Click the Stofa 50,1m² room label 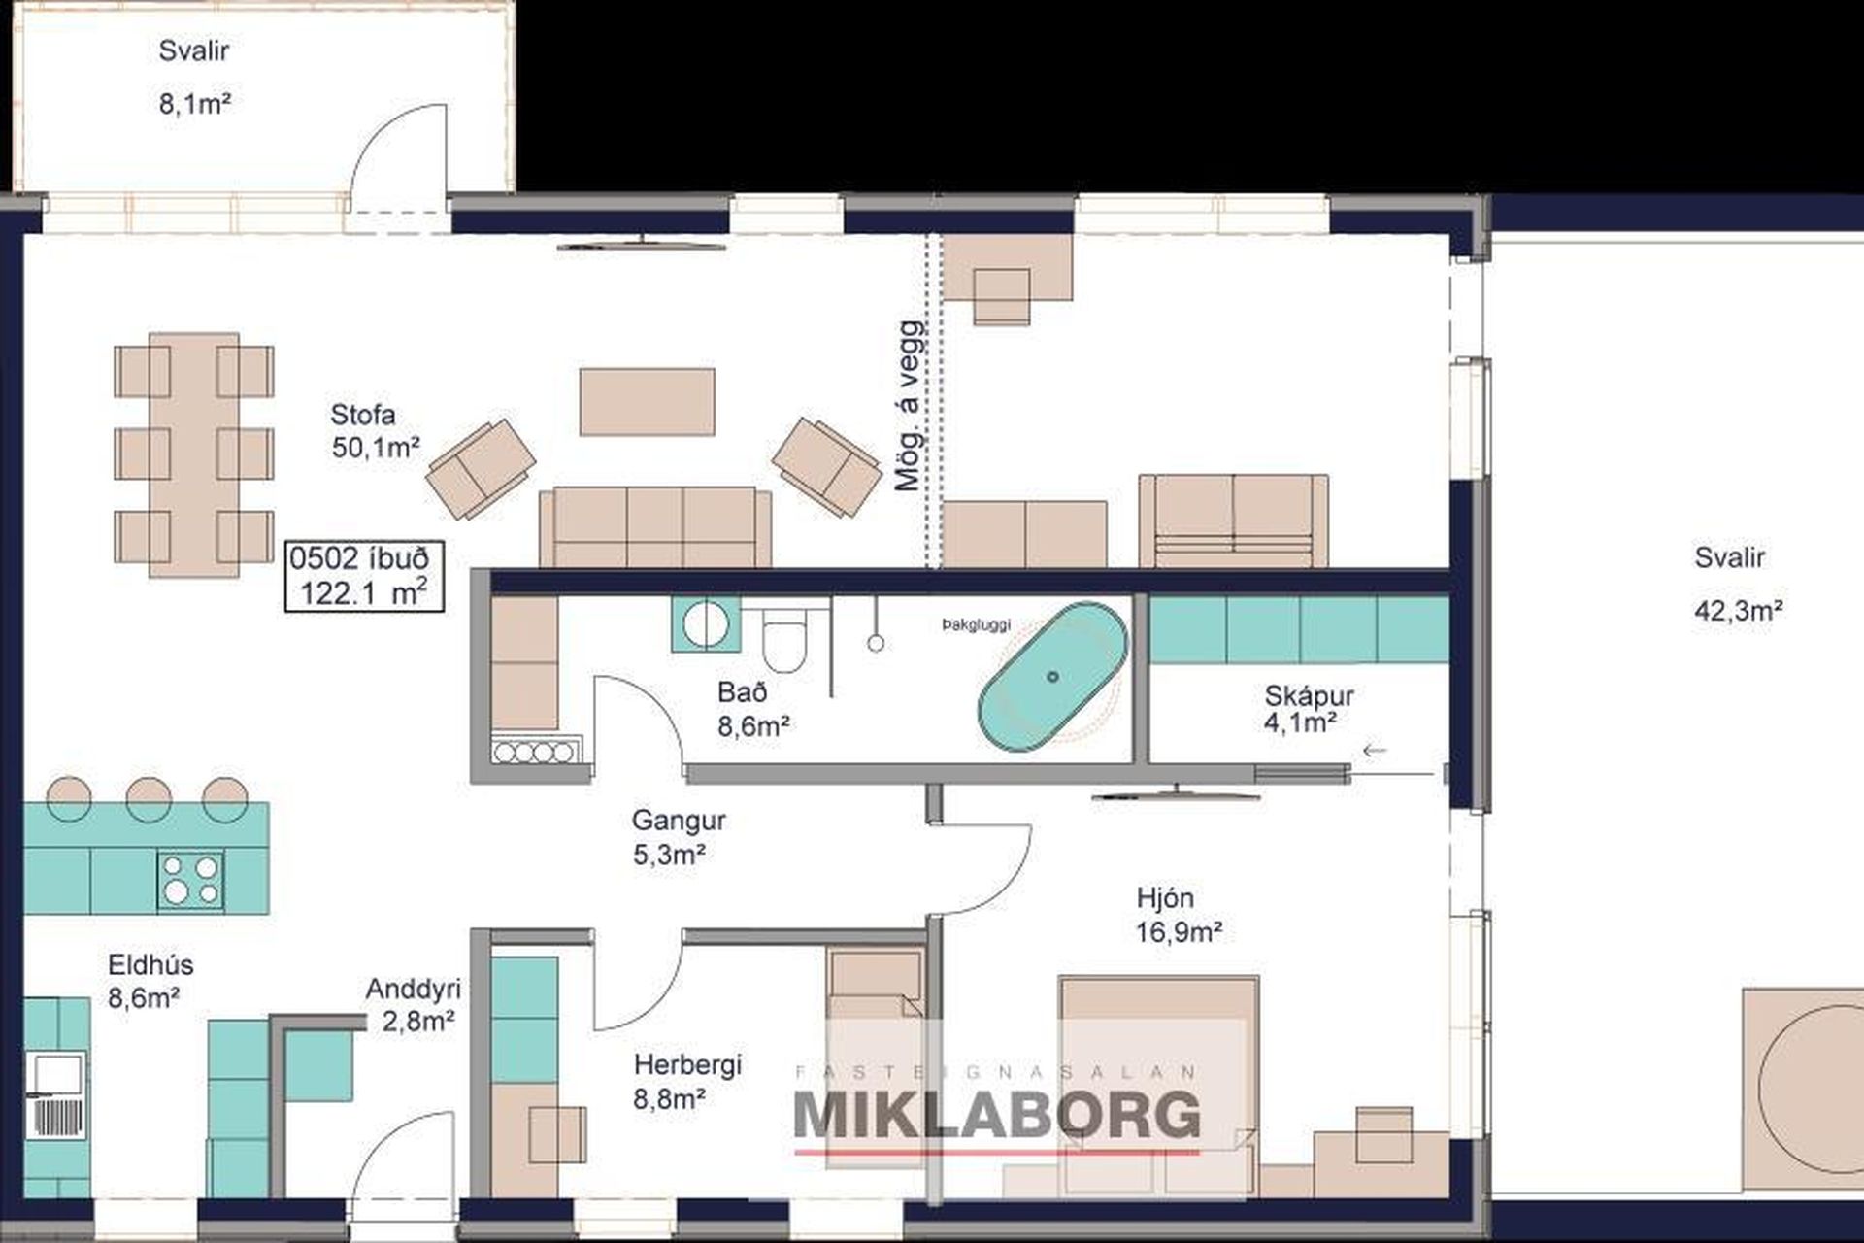pyautogui.click(x=375, y=431)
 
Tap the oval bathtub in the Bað pyautogui.click(x=1053, y=677)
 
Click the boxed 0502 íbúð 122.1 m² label pyautogui.click(x=364, y=576)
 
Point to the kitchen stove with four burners pyautogui.click(x=191, y=880)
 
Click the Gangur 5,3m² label pyautogui.click(x=678, y=837)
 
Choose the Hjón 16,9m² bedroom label pyautogui.click(x=1179, y=915)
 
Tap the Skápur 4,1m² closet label pyautogui.click(x=1308, y=709)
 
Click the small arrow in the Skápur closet pyautogui.click(x=1375, y=750)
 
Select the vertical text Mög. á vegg pyautogui.click(x=908, y=406)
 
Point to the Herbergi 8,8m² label pyautogui.click(x=687, y=1081)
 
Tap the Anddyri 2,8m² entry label pyautogui.click(x=413, y=1005)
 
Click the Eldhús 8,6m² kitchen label pyautogui.click(x=150, y=981)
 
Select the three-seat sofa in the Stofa pyautogui.click(x=655, y=526)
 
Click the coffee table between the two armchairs pyautogui.click(x=648, y=401)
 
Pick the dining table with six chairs pyautogui.click(x=194, y=454)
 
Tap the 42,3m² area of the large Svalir pyautogui.click(x=1738, y=611)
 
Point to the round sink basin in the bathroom pyautogui.click(x=704, y=623)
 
